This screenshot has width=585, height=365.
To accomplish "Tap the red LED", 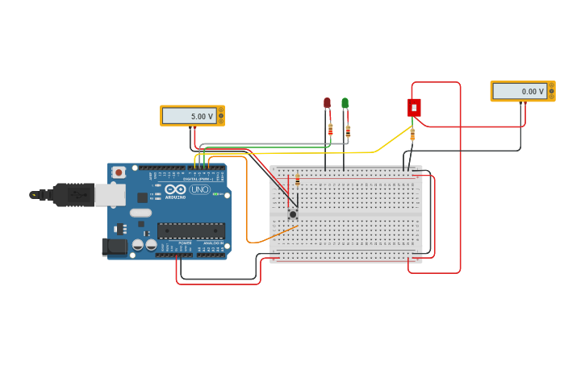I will click(x=327, y=103).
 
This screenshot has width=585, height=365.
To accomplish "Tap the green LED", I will click(x=345, y=103).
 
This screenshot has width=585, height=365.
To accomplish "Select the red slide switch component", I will click(x=414, y=107).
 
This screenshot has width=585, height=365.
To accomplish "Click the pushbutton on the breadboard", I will click(x=292, y=214).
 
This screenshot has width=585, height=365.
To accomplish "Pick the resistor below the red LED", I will click(x=330, y=129).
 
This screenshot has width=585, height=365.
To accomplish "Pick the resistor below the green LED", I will click(x=348, y=131).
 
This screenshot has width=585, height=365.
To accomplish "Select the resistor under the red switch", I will click(x=412, y=134).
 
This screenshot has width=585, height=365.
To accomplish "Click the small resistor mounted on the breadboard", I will click(x=297, y=180).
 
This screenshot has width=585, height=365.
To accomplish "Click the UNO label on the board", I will click(x=199, y=189).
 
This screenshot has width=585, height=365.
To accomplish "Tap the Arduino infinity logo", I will click(x=175, y=190).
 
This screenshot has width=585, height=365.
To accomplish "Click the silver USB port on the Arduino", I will click(x=110, y=194).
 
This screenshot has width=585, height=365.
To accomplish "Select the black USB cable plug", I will click(x=73, y=194).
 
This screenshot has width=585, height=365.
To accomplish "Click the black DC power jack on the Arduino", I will click(x=115, y=247).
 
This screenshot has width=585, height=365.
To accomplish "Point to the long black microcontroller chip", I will click(x=190, y=230).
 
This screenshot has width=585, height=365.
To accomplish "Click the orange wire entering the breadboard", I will click(x=274, y=234).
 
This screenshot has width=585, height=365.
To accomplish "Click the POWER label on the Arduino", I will click(x=185, y=243).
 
